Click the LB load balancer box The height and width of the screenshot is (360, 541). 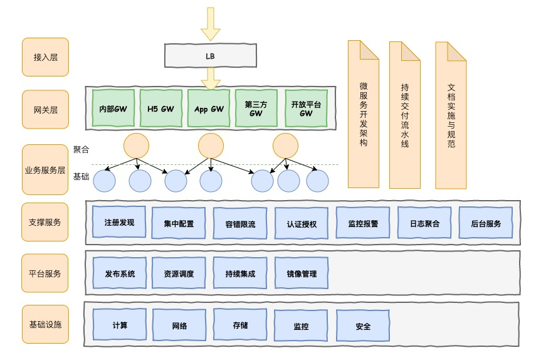click(211, 55)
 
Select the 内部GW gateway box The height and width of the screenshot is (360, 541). click(113, 109)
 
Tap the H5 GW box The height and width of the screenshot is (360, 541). click(160, 109)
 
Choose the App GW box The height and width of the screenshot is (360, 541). click(209, 109)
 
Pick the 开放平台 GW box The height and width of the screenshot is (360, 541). click(306, 109)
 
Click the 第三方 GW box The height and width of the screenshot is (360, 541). click(256, 109)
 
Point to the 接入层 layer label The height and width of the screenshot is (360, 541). click(46, 57)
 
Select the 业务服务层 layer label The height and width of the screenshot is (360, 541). click(45, 169)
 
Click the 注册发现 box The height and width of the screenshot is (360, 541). click(119, 222)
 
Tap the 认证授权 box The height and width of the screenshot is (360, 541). click(302, 223)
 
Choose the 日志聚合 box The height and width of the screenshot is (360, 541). click(424, 223)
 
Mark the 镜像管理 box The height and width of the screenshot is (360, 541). click(302, 273)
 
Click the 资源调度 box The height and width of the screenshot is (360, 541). click(179, 273)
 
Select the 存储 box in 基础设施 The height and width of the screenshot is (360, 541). click(240, 325)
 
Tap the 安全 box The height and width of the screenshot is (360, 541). click(363, 326)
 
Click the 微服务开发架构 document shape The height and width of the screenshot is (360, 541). click(364, 114)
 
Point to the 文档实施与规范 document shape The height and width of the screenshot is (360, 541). click(451, 115)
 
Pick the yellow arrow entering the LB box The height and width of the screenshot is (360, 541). click(211, 24)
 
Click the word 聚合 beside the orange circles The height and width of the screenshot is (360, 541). click(81, 149)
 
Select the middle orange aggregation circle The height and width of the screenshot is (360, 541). click(211, 146)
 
